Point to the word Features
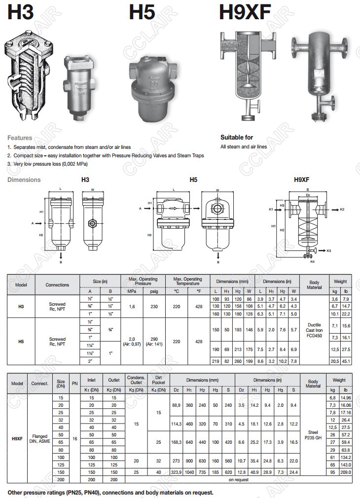click(20, 138)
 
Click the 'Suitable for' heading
click(236, 137)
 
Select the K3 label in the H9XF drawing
click(328, 251)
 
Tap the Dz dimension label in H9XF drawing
click(308, 194)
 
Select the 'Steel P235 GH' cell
click(313, 435)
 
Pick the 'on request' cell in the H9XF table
click(239, 479)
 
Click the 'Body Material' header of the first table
click(314, 285)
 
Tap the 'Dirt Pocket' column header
click(158, 380)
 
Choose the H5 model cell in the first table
click(21, 341)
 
